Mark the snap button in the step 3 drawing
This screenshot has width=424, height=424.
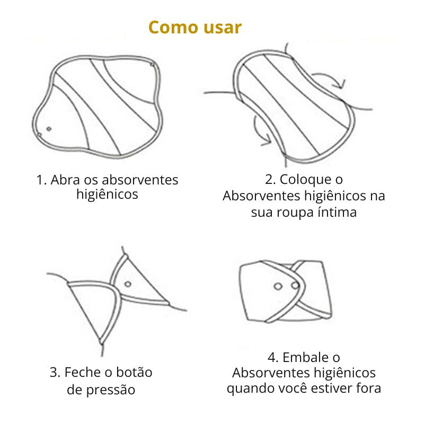[x=128, y=284]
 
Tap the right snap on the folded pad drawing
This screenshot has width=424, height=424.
[x=295, y=286]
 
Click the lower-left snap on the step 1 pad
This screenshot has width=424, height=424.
[x=48, y=128]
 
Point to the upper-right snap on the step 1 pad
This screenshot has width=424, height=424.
[x=153, y=65]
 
